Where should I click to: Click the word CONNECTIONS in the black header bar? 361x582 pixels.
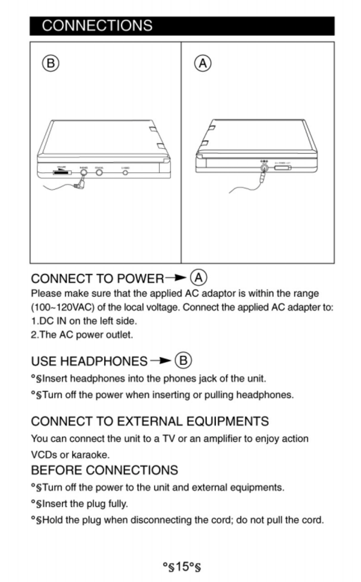pyautogui.click(x=97, y=26)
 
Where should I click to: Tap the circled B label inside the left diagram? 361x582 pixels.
pyautogui.click(x=50, y=64)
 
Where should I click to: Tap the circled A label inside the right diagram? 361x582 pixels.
pyautogui.click(x=203, y=64)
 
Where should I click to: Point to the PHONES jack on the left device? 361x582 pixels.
pyautogui.click(x=84, y=172)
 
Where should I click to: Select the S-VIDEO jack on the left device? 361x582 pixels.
pyautogui.click(x=125, y=172)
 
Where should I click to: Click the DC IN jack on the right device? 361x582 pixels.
pyautogui.click(x=264, y=168)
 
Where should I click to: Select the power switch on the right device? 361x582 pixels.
pyautogui.click(x=283, y=168)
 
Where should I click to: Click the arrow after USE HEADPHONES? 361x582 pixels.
pyautogui.click(x=160, y=360)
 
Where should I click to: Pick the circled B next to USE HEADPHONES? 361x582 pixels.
pyautogui.click(x=183, y=360)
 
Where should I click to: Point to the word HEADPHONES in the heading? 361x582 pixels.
pyautogui.click(x=104, y=361)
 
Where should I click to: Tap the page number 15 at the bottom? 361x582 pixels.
pyautogui.click(x=182, y=567)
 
